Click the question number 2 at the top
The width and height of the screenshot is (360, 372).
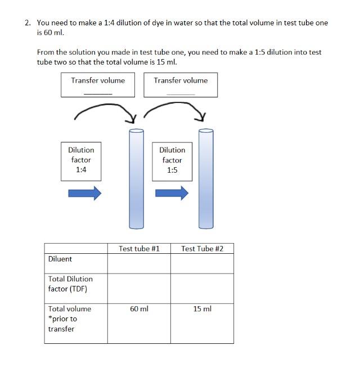[28, 23]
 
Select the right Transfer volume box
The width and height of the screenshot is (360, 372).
[181, 85]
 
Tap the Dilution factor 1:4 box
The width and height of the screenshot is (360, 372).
[81, 160]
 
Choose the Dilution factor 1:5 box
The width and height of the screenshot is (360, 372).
[172, 160]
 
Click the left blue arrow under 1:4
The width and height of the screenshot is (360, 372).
[84, 194]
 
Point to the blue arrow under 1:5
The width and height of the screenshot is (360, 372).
[172, 194]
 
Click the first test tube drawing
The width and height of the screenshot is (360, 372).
[137, 179]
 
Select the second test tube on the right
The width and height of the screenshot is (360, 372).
[206, 179]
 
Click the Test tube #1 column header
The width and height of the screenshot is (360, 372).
[139, 249]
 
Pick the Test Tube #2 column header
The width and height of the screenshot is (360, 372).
[202, 249]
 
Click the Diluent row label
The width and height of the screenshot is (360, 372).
[60, 259]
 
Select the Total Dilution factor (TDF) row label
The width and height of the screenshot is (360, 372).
[70, 284]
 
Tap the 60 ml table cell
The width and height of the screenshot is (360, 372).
[139, 309]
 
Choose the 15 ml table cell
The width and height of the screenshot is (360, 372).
[202, 309]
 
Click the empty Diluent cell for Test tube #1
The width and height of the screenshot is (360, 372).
[139, 263]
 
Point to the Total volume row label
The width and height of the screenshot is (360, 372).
[69, 319]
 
